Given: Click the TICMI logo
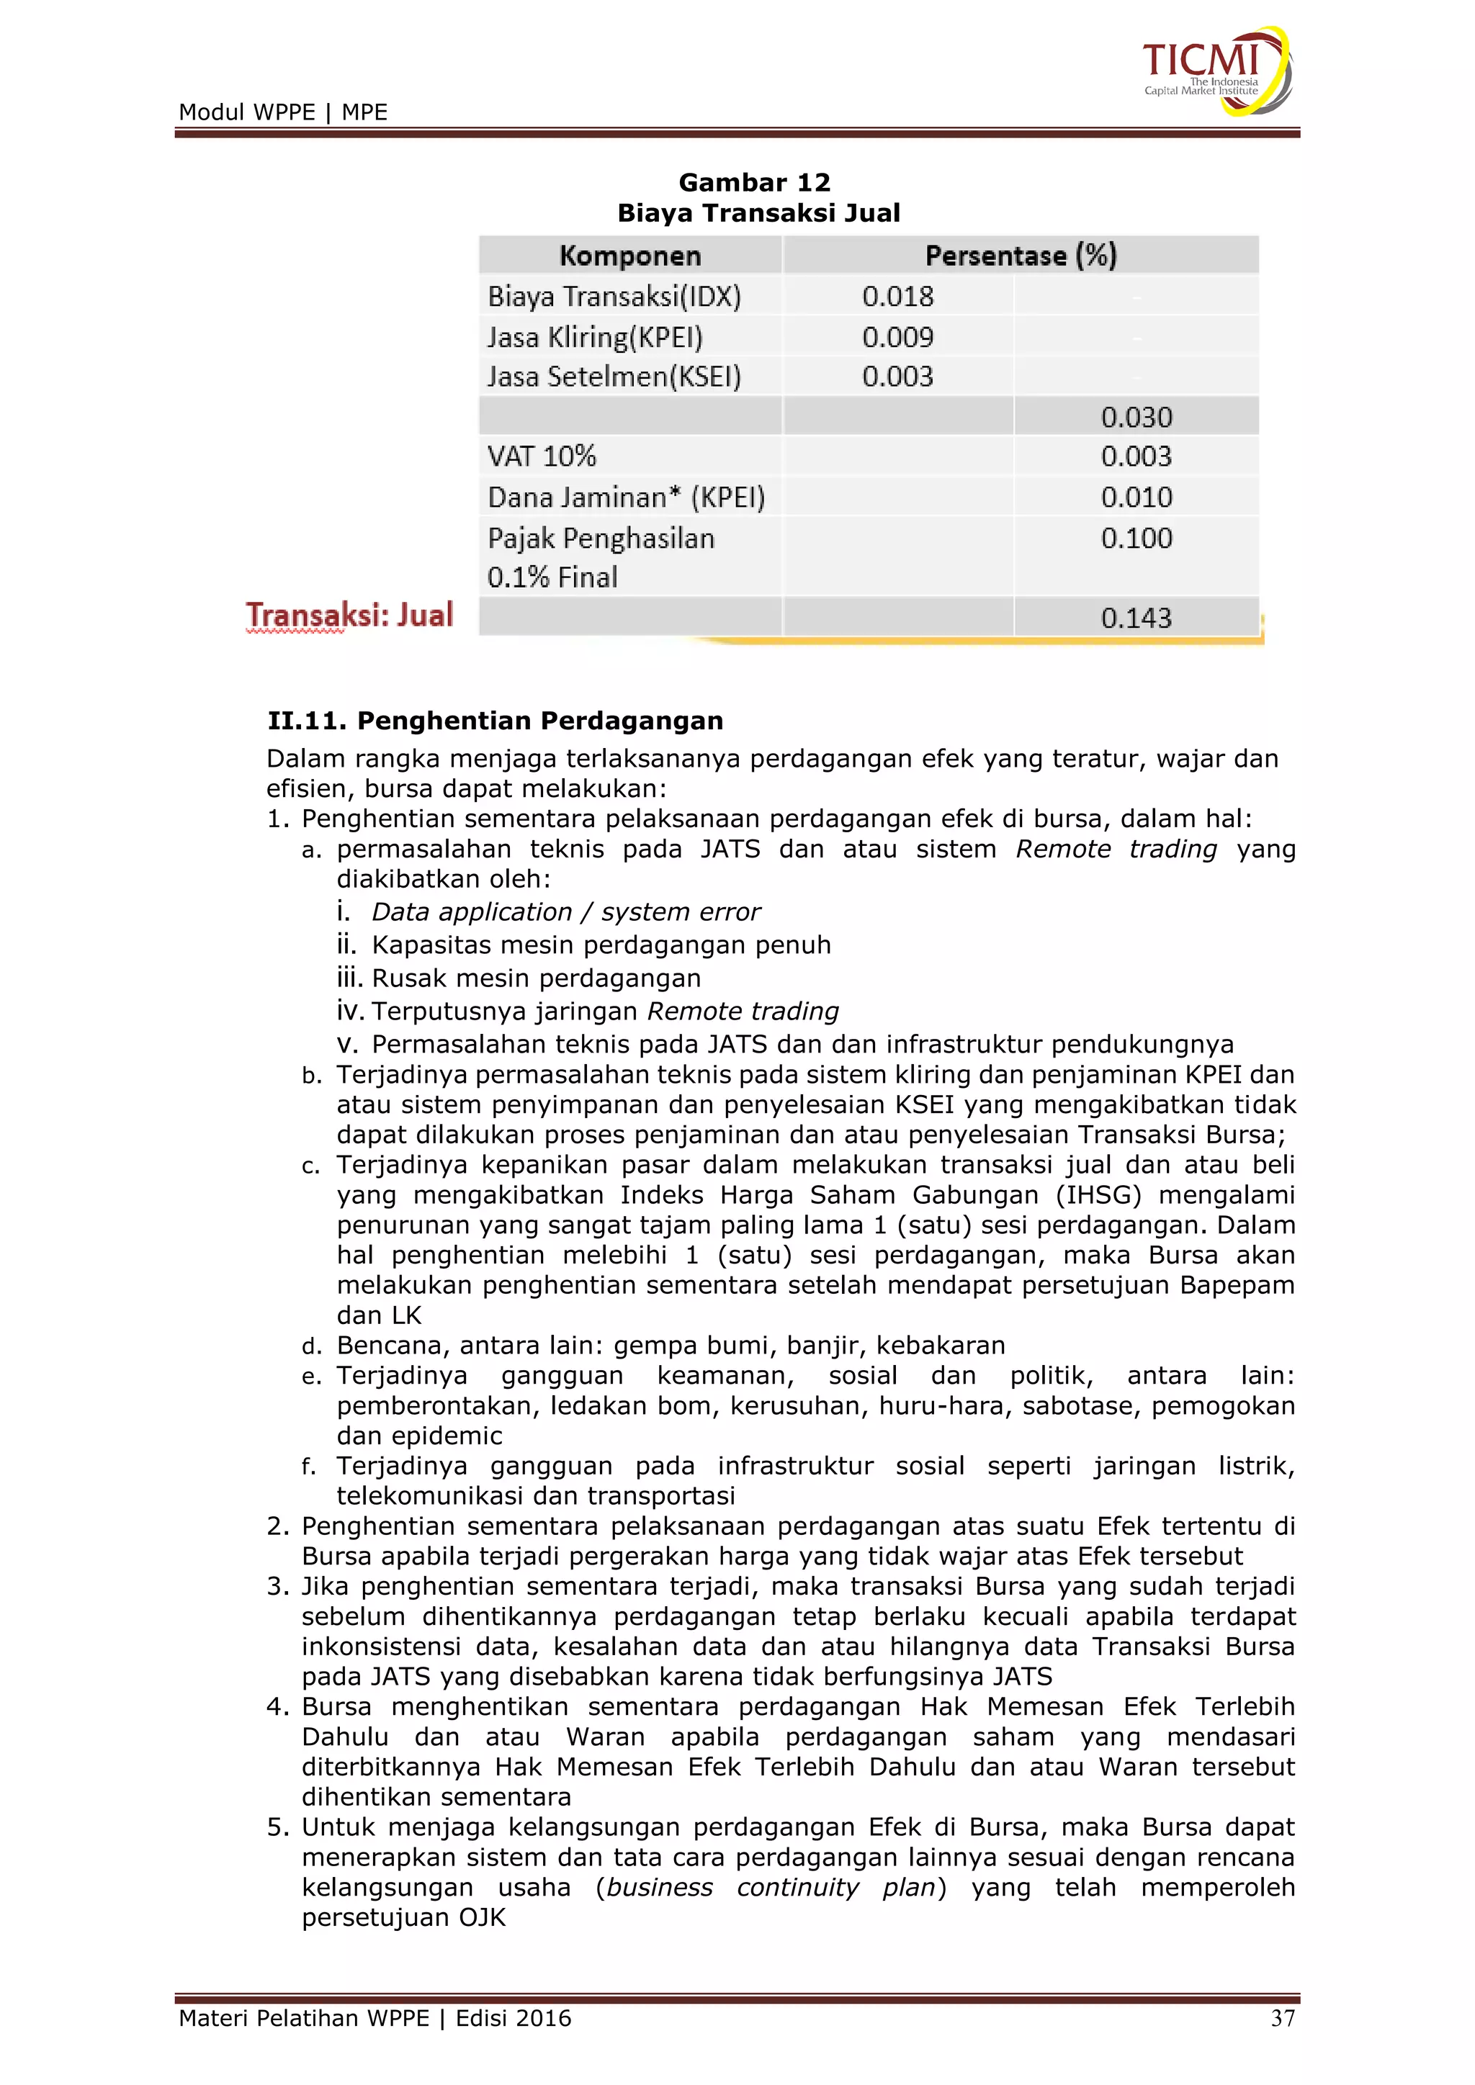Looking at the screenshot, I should pos(1215,71).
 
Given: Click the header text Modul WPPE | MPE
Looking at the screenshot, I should pos(282,112).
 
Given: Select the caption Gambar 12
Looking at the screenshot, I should pos(754,183).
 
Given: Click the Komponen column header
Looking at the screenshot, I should pos(629,255).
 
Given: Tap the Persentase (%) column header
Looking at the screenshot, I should pos(1020,255).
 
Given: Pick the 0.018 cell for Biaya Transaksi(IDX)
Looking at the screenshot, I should pos(897,296).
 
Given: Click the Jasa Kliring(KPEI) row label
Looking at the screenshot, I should pos(595,337).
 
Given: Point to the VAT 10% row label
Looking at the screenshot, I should pos(542,456).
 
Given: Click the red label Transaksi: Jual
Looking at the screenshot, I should pos(349,615).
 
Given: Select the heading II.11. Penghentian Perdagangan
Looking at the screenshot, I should pos(495,720).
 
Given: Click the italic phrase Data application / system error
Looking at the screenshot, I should pos(566,911).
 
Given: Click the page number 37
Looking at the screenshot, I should pos(1281,2018).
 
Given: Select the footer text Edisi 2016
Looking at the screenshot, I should pos(514,2018).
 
